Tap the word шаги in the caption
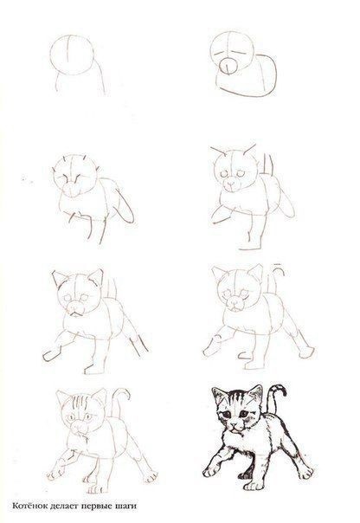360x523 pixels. tap(127, 507)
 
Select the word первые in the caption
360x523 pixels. tap(98, 507)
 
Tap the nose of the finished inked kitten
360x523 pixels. tap(236, 425)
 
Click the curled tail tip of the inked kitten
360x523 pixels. tap(280, 389)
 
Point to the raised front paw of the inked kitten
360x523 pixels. tap(210, 471)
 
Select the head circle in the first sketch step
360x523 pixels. tap(72, 55)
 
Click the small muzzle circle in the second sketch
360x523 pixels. tap(228, 66)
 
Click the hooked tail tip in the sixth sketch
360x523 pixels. tap(280, 268)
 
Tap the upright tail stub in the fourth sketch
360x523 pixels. tap(267, 165)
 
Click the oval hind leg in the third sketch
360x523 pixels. tap(124, 206)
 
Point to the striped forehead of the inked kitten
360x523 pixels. tap(236, 398)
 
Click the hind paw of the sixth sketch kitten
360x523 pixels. tap(306, 352)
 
